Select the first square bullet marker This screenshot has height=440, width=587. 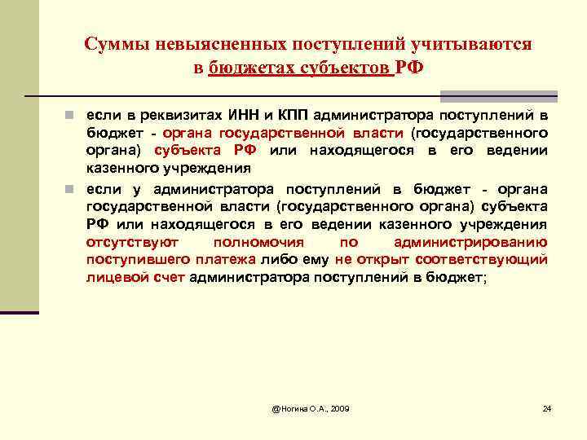click(x=72, y=115)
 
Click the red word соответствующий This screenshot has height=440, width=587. click(x=481, y=260)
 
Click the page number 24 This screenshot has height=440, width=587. click(x=547, y=407)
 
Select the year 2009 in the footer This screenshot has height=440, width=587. click(x=337, y=407)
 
